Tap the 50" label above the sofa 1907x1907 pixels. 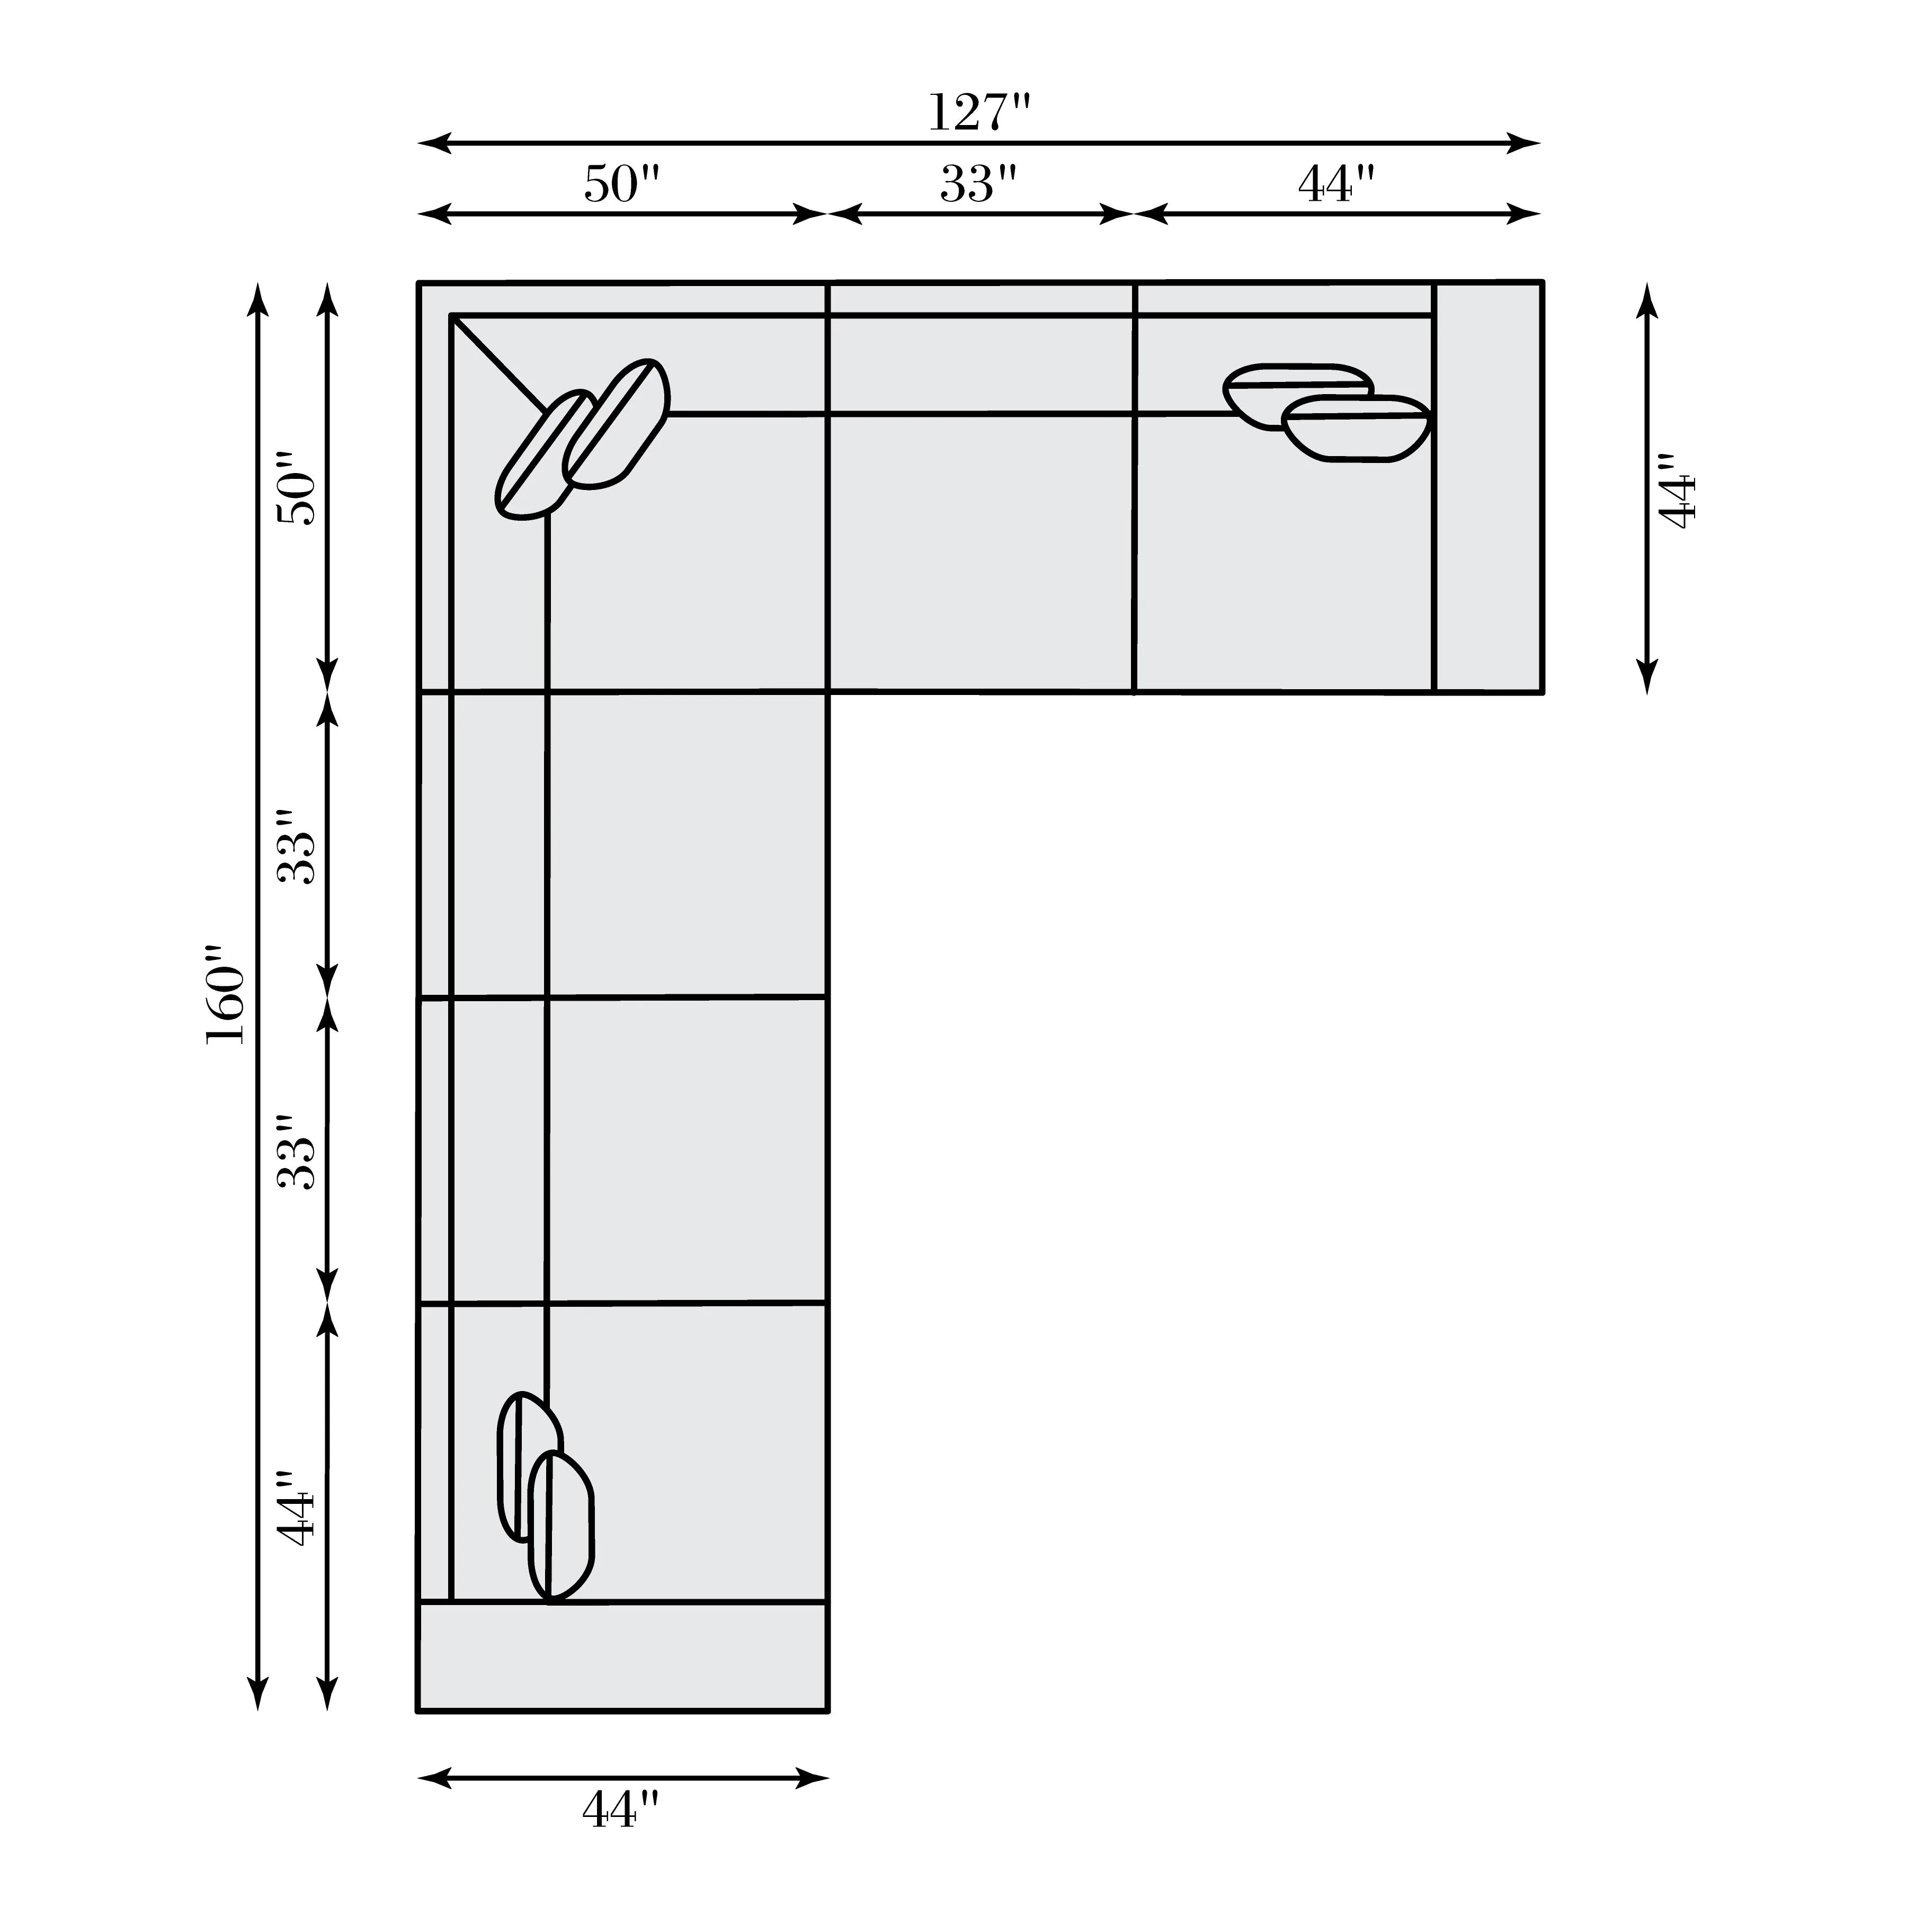622,184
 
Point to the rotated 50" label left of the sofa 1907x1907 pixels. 296,488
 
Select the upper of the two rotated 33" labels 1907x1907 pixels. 296,847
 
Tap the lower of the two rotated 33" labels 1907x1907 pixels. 296,1152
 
